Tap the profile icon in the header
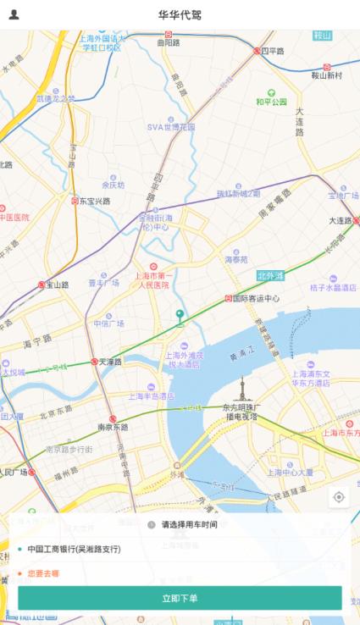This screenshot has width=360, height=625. pos(14,14)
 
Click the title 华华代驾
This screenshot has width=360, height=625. pos(180,15)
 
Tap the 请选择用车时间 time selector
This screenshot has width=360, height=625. pos(189,525)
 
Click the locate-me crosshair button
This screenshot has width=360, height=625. pos(339,497)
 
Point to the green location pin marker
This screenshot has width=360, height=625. pos(179,317)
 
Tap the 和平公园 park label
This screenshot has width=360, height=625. pos(272,102)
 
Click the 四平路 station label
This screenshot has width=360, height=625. pos(271,51)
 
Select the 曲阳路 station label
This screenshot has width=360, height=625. pos(169,40)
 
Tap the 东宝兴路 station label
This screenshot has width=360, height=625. pos(93,201)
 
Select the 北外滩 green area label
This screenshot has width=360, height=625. pos(272,275)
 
